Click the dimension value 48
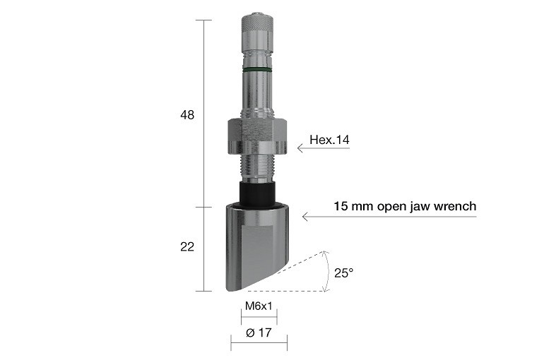[187, 114]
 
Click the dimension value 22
[187, 246]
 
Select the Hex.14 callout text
[329, 140]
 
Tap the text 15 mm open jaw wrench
[405, 206]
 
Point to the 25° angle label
[344, 272]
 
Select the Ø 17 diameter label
[259, 333]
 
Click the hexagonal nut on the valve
[256, 136]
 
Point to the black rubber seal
[256, 192]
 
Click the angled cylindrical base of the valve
[256, 247]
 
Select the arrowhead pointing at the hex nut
[300, 148]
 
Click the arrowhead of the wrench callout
[305, 216]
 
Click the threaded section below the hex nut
[256, 167]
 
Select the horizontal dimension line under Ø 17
[259, 344]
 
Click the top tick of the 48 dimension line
[203, 20]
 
